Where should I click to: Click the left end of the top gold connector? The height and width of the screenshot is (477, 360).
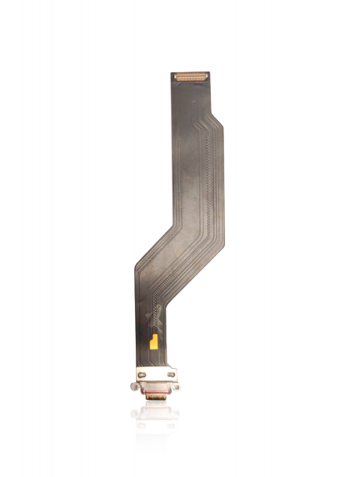[x=176, y=78]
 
